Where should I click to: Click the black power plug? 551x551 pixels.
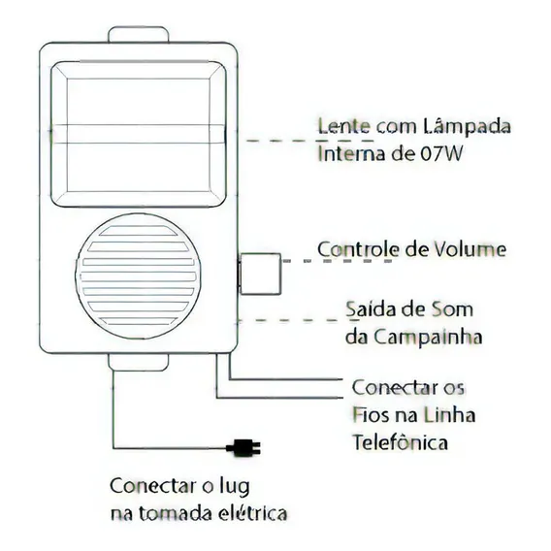click(x=243, y=448)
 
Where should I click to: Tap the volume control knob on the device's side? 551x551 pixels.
click(x=260, y=274)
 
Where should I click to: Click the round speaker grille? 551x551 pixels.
click(x=138, y=276)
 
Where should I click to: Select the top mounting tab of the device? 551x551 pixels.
click(x=139, y=35)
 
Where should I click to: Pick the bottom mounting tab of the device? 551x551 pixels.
click(x=139, y=362)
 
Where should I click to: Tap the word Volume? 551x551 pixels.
click(x=470, y=249)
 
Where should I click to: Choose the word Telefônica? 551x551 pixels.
click(x=401, y=441)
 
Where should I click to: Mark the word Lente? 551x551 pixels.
click(x=344, y=126)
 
